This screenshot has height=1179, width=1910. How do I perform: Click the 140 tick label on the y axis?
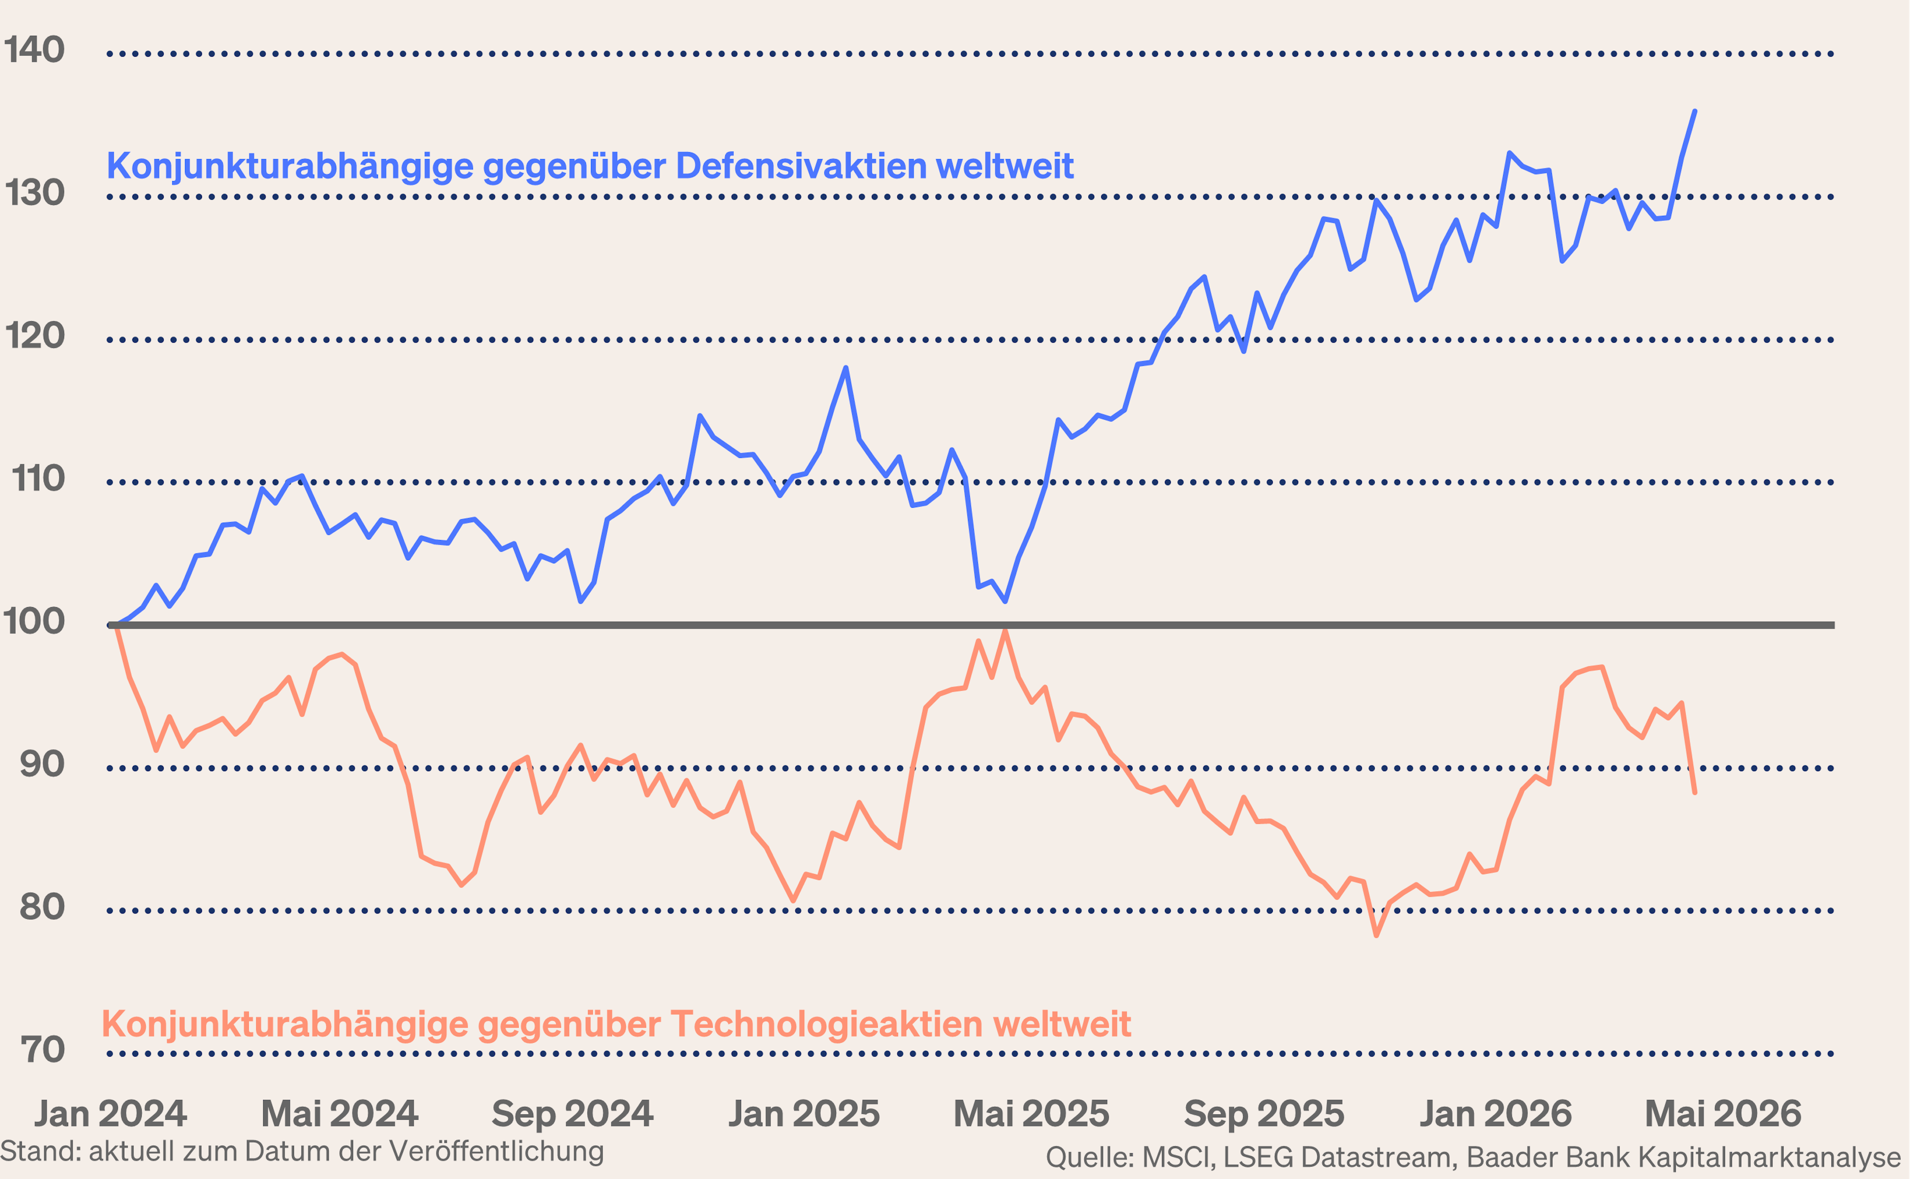(x=34, y=50)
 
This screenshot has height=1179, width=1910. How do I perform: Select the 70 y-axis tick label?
(x=42, y=1050)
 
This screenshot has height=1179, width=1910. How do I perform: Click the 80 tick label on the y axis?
(x=42, y=907)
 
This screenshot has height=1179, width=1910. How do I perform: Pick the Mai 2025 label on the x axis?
(x=1031, y=1113)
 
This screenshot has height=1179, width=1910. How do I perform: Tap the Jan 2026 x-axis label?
(x=1495, y=1113)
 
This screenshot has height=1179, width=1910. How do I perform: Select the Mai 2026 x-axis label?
(x=1723, y=1113)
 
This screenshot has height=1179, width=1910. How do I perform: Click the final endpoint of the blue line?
(x=1695, y=111)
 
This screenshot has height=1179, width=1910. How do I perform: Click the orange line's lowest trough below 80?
(x=1376, y=935)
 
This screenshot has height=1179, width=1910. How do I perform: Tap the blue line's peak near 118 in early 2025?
(x=846, y=368)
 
